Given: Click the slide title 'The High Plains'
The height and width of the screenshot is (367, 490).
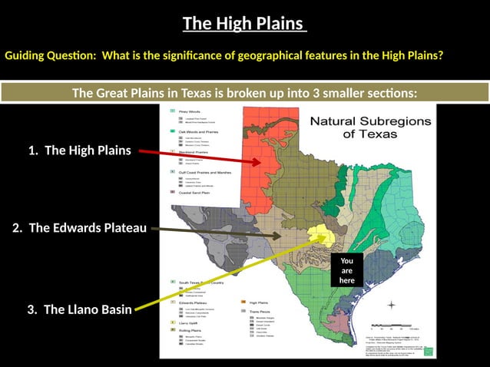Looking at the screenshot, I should point(244,24).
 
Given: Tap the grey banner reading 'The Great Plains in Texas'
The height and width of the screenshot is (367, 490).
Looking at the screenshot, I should point(244,94).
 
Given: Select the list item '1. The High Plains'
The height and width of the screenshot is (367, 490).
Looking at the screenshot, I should point(80,150).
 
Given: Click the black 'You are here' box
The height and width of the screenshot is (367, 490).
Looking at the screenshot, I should point(347,271).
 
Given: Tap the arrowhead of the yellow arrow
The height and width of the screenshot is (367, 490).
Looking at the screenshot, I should point(326,236).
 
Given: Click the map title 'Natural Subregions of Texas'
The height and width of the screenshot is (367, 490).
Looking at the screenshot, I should point(366,127).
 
